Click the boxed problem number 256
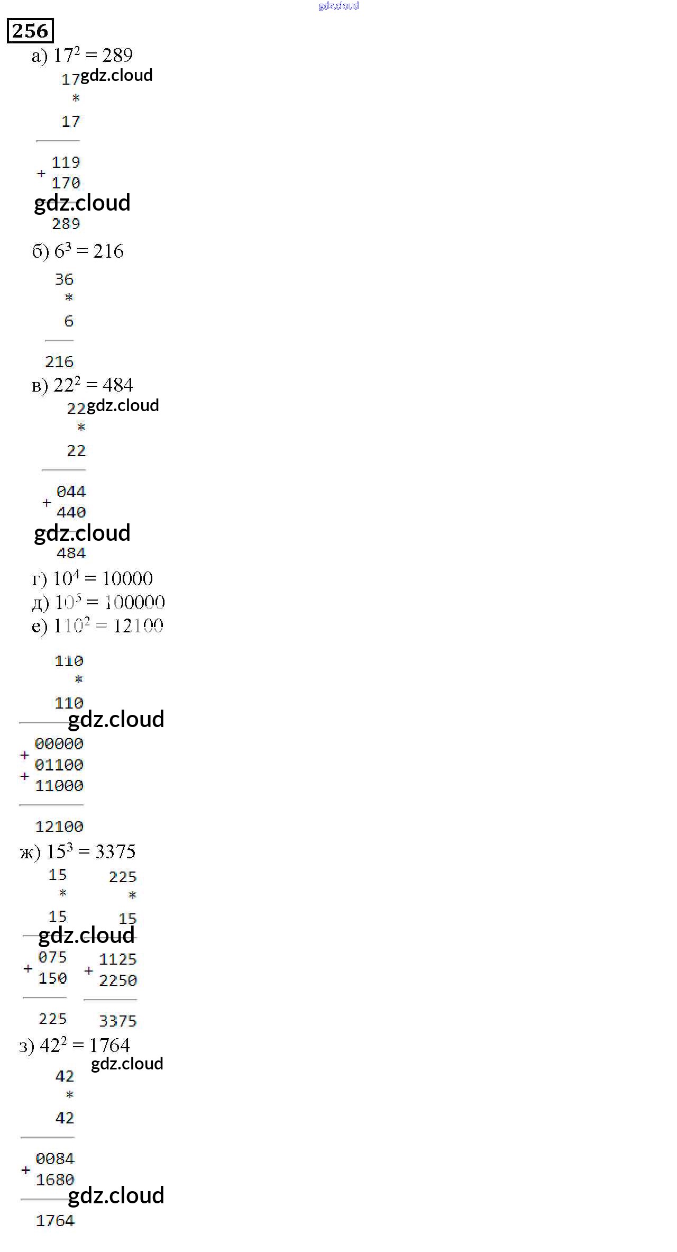tap(30, 31)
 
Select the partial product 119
tap(66, 162)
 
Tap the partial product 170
tap(66, 183)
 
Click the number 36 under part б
tap(64, 279)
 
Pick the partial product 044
tap(71, 492)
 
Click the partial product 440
tap(71, 512)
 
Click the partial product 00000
tap(59, 744)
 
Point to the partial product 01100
tap(59, 765)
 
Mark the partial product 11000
tap(59, 786)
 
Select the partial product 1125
tap(117, 959)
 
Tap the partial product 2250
tap(117, 981)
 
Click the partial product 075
tap(52, 957)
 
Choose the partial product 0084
tap(55, 1159)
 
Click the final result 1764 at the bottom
tap(55, 1221)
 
